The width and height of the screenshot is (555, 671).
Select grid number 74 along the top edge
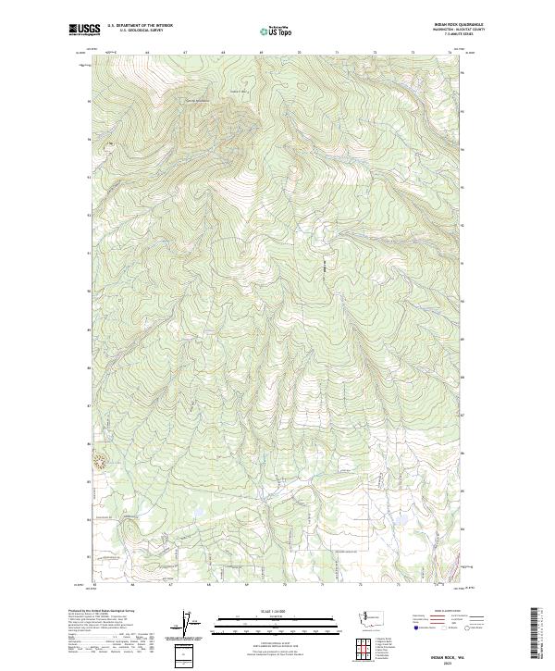[450, 52]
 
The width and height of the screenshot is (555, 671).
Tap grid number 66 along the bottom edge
[134, 585]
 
